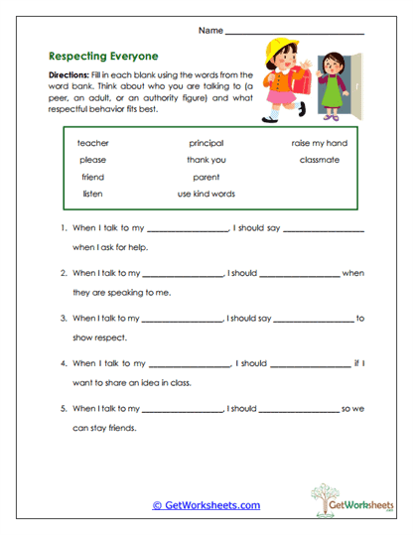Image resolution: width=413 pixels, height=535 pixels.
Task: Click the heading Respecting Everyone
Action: click(103, 57)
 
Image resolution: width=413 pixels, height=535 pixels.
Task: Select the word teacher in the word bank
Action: click(93, 143)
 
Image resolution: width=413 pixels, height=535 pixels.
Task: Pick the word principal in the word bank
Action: click(206, 143)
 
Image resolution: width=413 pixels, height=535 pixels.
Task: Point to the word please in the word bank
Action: click(93, 160)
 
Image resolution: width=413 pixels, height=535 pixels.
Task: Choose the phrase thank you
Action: click(206, 160)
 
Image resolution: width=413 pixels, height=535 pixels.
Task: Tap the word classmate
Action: click(320, 160)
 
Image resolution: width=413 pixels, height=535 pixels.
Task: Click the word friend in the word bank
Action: click(92, 177)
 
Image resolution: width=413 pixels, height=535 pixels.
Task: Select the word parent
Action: click(206, 177)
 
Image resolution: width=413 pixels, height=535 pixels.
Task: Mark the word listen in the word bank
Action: click(92, 194)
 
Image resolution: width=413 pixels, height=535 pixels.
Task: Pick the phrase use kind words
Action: click(206, 194)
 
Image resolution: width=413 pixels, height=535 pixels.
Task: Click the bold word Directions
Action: click(69, 75)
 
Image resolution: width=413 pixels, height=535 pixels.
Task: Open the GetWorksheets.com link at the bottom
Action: click(206, 505)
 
